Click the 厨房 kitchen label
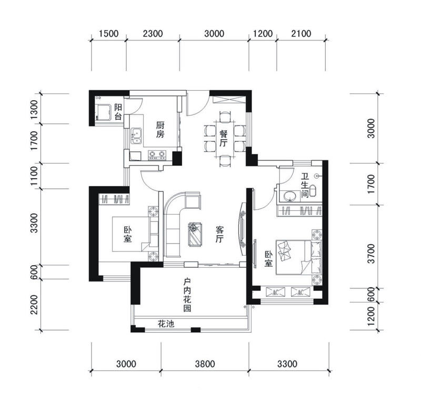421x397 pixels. pyautogui.click(x=160, y=130)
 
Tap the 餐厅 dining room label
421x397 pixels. pyautogui.click(x=223, y=139)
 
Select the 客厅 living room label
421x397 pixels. pyautogui.click(x=219, y=234)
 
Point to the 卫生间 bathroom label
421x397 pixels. pyautogui.click(x=305, y=186)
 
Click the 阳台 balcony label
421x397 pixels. pyautogui.click(x=118, y=112)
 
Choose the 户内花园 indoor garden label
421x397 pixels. pyautogui.click(x=187, y=295)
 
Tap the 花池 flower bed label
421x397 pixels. pyautogui.click(x=166, y=324)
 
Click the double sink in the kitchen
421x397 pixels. pyautogui.click(x=137, y=136)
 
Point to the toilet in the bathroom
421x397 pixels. pyautogui.click(x=313, y=190)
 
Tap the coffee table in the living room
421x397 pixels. pyautogui.click(x=195, y=234)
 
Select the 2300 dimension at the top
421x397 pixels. pyautogui.click(x=153, y=34)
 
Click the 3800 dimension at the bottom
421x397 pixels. pyautogui.click(x=205, y=364)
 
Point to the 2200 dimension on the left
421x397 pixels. pyautogui.click(x=34, y=304)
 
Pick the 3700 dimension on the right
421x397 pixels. pyautogui.click(x=371, y=254)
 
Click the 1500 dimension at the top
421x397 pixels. pyautogui.click(x=108, y=34)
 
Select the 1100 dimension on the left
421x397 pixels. pyautogui.click(x=34, y=176)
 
